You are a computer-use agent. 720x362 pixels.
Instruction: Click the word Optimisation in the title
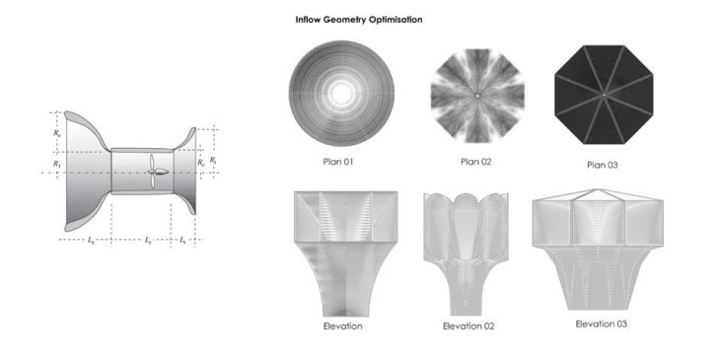pos(396,20)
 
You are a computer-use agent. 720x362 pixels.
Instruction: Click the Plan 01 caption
pos(338,162)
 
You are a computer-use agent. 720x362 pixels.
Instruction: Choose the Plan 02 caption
pos(475,162)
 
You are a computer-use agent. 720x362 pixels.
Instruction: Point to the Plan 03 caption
pos(603,165)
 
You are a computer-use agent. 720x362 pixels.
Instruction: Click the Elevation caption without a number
pos(342,326)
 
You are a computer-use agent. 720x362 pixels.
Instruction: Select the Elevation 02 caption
pos(468,326)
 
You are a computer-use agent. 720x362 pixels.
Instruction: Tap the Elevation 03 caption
pos(601,324)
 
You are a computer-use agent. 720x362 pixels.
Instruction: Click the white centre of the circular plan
pos(341,94)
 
